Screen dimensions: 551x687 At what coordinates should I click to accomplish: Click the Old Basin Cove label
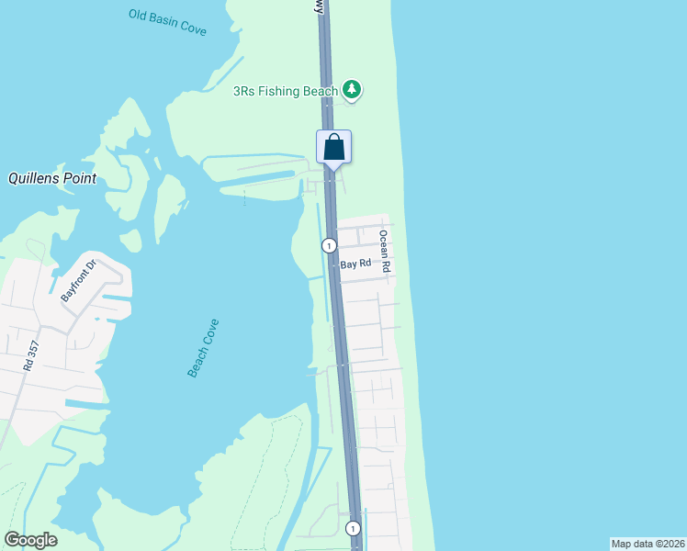[x=168, y=22]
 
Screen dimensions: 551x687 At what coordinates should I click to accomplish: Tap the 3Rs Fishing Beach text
[x=285, y=91]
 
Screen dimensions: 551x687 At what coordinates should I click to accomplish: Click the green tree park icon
[x=351, y=89]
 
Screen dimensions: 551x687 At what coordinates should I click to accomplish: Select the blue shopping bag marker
[x=334, y=147]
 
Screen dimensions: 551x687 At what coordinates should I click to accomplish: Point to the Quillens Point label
[x=52, y=179]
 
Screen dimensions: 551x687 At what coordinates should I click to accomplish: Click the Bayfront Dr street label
[x=78, y=282]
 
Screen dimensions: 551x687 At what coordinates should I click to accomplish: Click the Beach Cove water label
[x=203, y=348]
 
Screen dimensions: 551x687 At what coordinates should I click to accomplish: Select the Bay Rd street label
[x=355, y=264]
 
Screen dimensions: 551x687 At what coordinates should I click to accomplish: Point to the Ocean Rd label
[x=386, y=251]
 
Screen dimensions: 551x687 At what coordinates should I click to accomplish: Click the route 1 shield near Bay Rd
[x=329, y=245]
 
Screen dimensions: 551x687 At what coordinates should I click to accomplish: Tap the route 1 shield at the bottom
[x=353, y=528]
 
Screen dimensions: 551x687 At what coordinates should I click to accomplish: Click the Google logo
[x=30, y=540]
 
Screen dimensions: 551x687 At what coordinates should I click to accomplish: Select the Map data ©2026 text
[x=648, y=544]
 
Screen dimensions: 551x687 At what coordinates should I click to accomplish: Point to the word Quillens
[x=35, y=179]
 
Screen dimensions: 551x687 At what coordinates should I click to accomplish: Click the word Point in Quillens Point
[x=80, y=179]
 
